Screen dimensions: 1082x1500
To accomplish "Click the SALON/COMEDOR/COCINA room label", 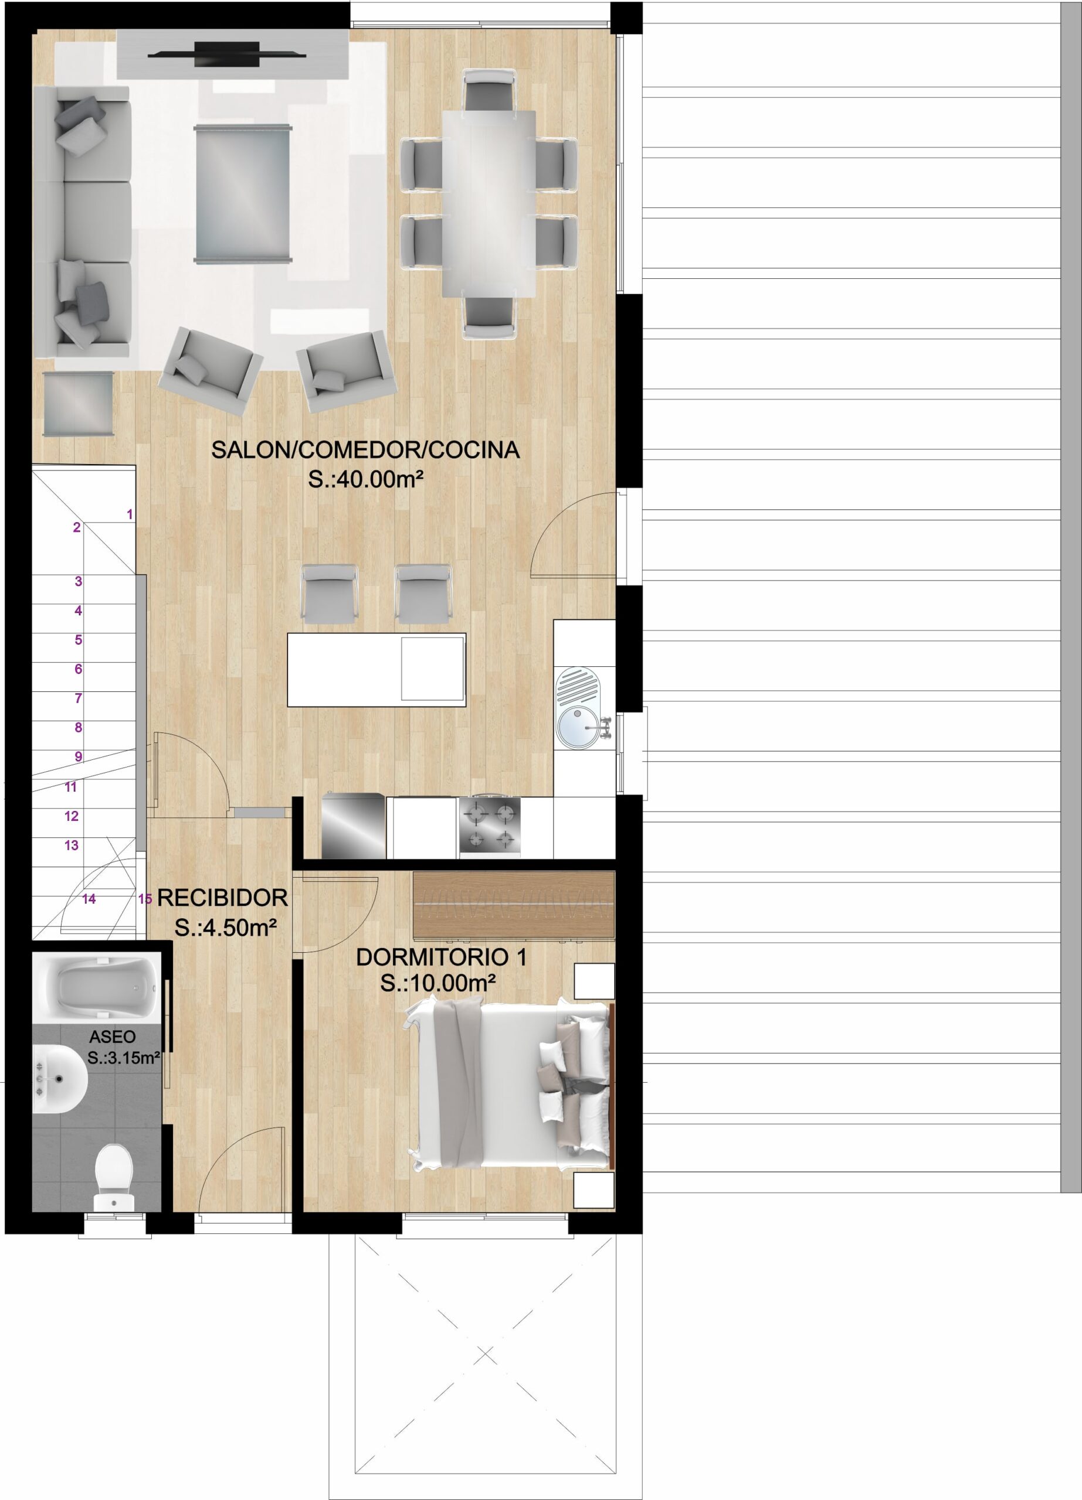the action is click(x=365, y=450).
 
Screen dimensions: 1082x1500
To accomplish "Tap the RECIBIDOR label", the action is click(x=222, y=898).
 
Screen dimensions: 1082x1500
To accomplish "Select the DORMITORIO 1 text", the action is click(x=442, y=957).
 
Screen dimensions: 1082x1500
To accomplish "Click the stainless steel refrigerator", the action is click(x=354, y=826).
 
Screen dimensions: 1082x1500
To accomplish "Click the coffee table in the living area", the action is click(x=242, y=194).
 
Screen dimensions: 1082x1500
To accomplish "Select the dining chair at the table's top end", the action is click(x=490, y=91).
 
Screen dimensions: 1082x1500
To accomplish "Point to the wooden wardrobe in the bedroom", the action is click(x=514, y=905).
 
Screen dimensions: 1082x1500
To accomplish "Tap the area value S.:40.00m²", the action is click(x=365, y=479).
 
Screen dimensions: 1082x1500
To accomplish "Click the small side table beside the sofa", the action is click(x=78, y=404).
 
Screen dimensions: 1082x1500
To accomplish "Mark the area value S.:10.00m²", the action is click(x=437, y=983).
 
